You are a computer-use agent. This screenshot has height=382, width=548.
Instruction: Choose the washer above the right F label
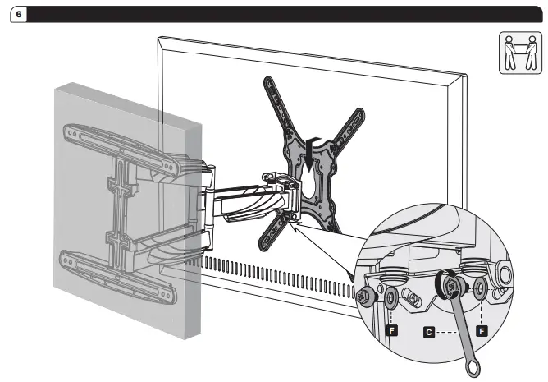tap(480, 288)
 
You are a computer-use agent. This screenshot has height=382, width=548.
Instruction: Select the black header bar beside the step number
tap(279, 13)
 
